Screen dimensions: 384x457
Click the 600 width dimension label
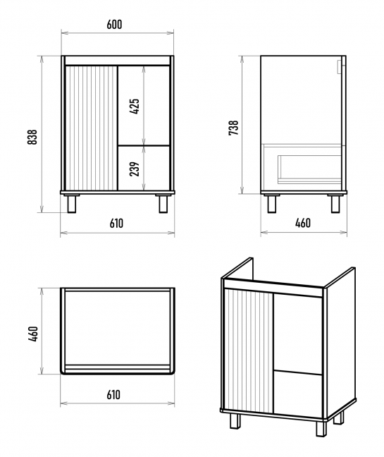114,25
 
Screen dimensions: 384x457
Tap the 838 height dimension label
32,137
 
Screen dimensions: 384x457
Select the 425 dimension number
135,106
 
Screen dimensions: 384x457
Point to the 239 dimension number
135,169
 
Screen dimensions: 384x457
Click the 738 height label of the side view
233,128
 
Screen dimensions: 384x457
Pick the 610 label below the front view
116,224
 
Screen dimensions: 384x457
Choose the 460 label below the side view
303,223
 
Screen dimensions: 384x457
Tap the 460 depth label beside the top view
33,334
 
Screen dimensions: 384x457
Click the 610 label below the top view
113,395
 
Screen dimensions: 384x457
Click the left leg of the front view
72,204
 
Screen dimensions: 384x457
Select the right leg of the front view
163,204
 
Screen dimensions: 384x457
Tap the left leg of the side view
272,204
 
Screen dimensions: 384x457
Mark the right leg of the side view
335,204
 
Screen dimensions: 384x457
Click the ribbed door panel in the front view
92,128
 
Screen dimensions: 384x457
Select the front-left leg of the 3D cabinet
235,420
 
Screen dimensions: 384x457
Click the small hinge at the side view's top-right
340,67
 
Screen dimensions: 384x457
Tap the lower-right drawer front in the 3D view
298,394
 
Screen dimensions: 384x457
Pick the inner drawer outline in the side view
309,169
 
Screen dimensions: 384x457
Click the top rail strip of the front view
118,61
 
